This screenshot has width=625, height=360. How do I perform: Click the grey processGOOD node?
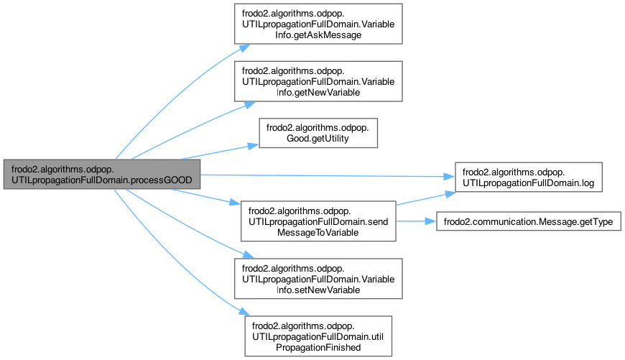(x=100, y=174)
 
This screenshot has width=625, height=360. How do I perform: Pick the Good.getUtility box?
(x=318, y=132)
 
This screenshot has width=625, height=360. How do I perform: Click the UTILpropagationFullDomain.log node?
(x=524, y=178)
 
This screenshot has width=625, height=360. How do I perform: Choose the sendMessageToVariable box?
(x=318, y=221)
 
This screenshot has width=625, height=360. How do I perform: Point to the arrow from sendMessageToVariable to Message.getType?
(x=417, y=221)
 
